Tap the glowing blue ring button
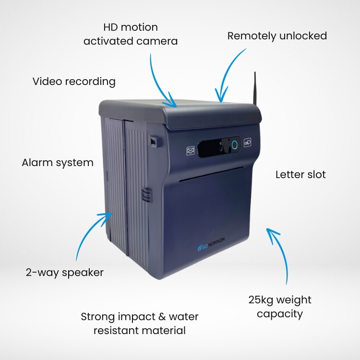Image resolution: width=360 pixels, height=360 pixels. pyautogui.click(x=235, y=144)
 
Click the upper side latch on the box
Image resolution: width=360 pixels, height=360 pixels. pyautogui.click(x=154, y=141)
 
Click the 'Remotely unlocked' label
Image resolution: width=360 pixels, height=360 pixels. pyautogui.click(x=277, y=36)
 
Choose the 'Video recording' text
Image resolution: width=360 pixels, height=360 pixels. pyautogui.click(x=74, y=82)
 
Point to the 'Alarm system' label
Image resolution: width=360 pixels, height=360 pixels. pyautogui.click(x=58, y=163)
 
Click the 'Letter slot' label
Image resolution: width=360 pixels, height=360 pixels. pyautogui.click(x=300, y=174)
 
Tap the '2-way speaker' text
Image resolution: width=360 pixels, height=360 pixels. pyautogui.click(x=65, y=273)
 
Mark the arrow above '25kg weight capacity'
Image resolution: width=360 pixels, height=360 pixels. pyautogui.click(x=281, y=254)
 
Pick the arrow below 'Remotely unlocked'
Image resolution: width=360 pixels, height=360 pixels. pyautogui.click(x=230, y=72)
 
